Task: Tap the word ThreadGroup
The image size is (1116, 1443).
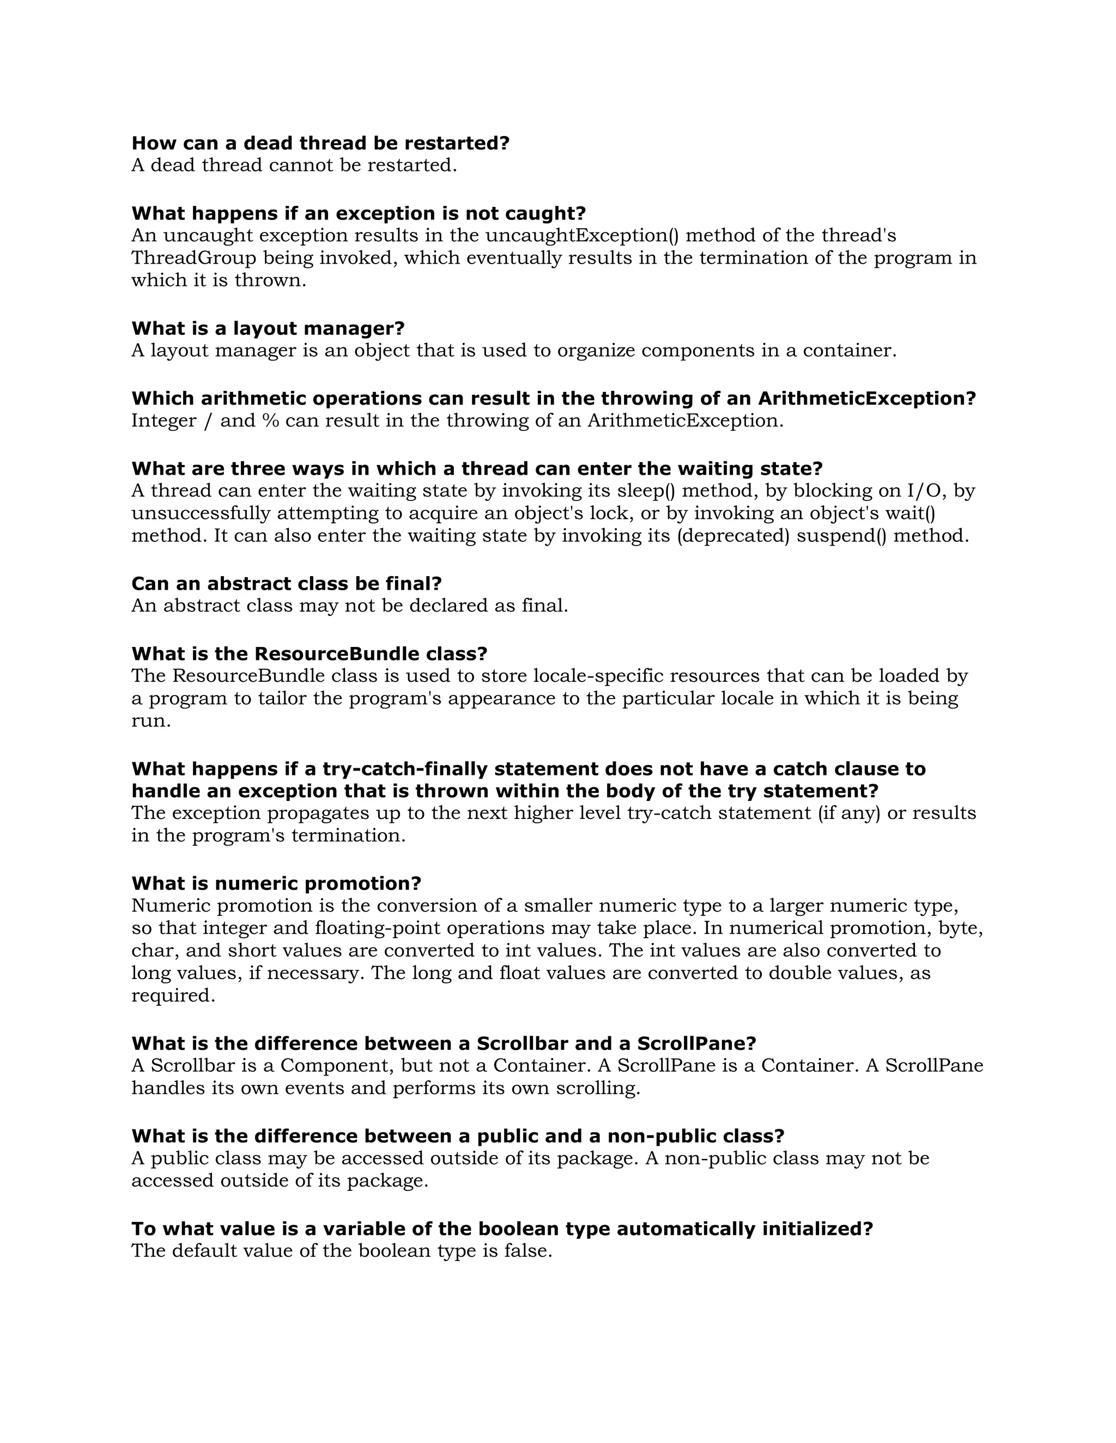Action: pyautogui.click(x=193, y=258)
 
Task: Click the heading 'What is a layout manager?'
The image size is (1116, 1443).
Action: pyautogui.click(x=268, y=328)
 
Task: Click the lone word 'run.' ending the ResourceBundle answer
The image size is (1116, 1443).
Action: pyautogui.click(x=151, y=721)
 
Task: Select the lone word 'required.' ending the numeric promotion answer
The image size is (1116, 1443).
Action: pyautogui.click(x=173, y=996)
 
